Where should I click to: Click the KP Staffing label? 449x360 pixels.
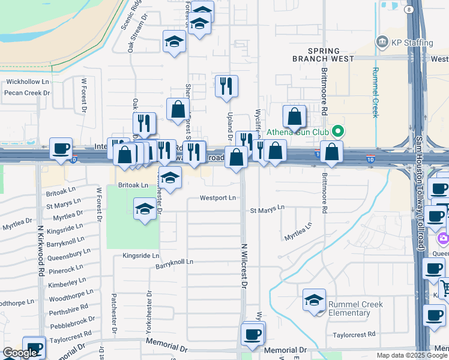412,43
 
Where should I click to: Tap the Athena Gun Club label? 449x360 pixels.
295,131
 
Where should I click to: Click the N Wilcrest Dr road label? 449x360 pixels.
244,266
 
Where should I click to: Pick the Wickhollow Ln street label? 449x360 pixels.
27,82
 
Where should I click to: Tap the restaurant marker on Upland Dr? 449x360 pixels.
226,86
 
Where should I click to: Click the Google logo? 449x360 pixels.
20,353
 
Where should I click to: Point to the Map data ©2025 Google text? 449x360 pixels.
411,355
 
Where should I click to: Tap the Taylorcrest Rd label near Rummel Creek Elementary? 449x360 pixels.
354,334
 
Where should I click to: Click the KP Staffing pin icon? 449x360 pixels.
382,42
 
